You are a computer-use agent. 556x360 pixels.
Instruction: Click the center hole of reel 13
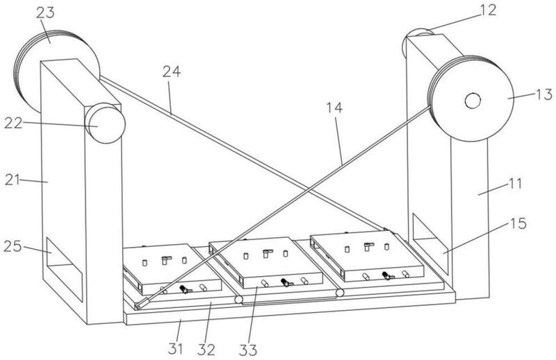(x=473, y=101)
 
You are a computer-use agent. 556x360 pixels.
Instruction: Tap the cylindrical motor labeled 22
(x=105, y=124)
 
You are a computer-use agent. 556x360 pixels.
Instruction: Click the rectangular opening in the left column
(x=64, y=269)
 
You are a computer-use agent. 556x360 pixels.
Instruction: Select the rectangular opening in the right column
(x=429, y=244)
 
